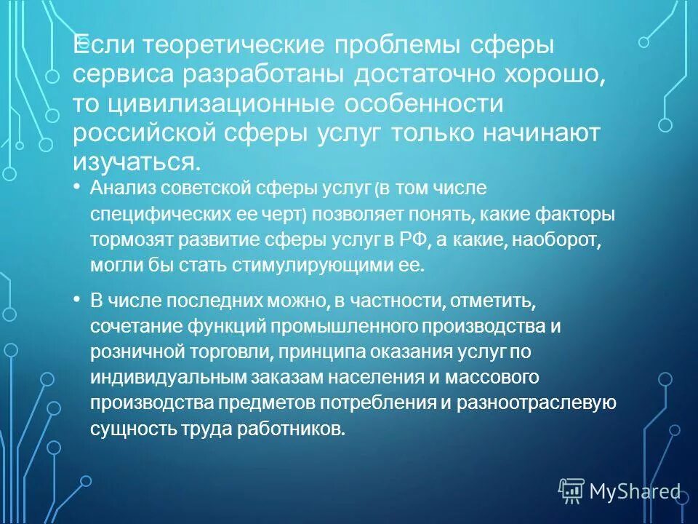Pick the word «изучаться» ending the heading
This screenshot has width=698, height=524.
[x=134, y=162]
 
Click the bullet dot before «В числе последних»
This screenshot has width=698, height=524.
[x=78, y=300]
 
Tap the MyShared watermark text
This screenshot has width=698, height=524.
[x=634, y=491]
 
